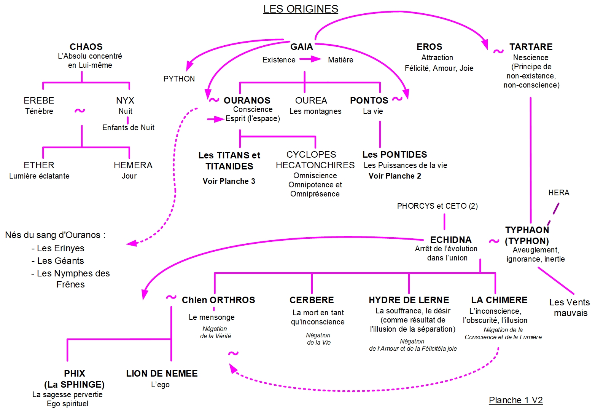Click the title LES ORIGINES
click(x=301, y=9)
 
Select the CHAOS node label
click(x=86, y=47)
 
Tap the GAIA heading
click(x=301, y=47)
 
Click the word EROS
click(x=429, y=47)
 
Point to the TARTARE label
click(x=531, y=47)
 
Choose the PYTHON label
click(x=179, y=79)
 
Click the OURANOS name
click(x=247, y=101)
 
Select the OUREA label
click(x=311, y=101)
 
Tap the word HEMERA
click(x=133, y=165)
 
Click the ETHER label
click(x=39, y=165)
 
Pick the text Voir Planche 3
click(x=229, y=181)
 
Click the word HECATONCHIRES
click(x=315, y=165)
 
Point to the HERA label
click(x=558, y=193)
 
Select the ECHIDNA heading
click(x=450, y=240)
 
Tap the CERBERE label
click(x=312, y=300)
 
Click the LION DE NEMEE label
click(x=162, y=374)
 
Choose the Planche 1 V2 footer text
click(x=515, y=400)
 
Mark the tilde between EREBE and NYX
click(x=80, y=111)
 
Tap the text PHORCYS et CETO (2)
click(x=437, y=206)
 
